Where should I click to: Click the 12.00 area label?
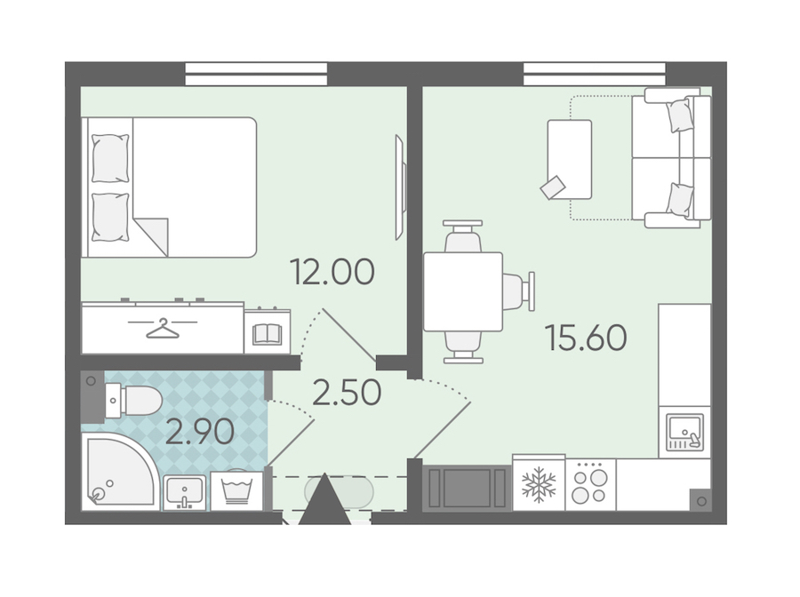[332, 272]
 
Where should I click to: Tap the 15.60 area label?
[586, 338]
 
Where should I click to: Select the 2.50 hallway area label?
[347, 393]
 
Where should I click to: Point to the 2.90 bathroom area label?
[200, 433]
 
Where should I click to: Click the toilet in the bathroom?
[133, 401]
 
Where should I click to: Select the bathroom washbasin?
[184, 492]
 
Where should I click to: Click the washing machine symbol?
[236, 491]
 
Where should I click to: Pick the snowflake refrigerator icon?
[539, 484]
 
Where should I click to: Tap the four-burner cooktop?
[590, 484]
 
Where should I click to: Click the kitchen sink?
[684, 433]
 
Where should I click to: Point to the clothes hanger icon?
[163, 328]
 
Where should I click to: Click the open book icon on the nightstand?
[267, 334]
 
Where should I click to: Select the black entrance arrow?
[325, 498]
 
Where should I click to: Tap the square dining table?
[463, 291]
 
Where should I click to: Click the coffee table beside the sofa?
[570, 159]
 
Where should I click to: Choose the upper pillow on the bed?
[110, 158]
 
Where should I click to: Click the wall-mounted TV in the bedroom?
[401, 187]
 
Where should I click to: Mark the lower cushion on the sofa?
[680, 200]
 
